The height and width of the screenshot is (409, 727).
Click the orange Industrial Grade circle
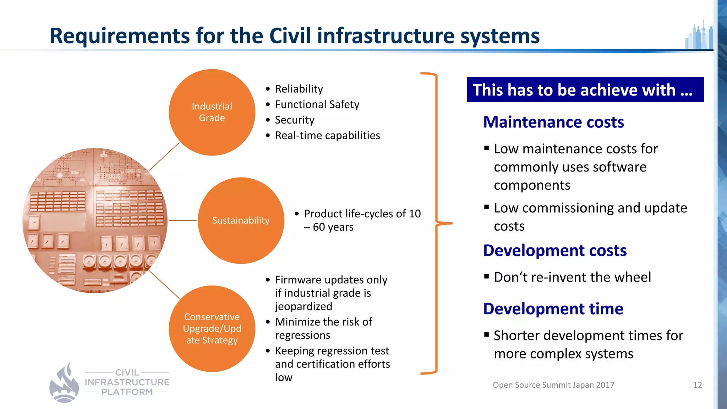(212, 112)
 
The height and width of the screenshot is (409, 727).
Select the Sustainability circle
(241, 220)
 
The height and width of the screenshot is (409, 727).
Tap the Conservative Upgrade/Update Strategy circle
(212, 329)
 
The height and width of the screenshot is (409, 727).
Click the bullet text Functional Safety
(317, 104)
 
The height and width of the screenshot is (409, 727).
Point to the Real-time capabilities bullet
(327, 136)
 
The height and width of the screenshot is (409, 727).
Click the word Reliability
(299, 89)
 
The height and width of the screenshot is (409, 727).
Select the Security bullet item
(295, 120)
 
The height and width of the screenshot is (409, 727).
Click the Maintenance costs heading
(553, 122)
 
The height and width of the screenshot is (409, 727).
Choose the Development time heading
(553, 309)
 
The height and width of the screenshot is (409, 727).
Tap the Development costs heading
(555, 251)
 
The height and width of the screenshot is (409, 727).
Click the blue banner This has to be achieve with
(585, 90)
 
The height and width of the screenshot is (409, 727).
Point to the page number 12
(697, 385)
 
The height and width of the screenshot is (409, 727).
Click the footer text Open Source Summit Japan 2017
(553, 385)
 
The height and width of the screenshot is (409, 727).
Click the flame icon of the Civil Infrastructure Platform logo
(64, 383)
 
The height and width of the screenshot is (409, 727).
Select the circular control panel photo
(95, 220)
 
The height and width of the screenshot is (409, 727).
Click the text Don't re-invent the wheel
(572, 277)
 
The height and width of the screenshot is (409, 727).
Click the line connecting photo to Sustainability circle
(182, 220)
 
